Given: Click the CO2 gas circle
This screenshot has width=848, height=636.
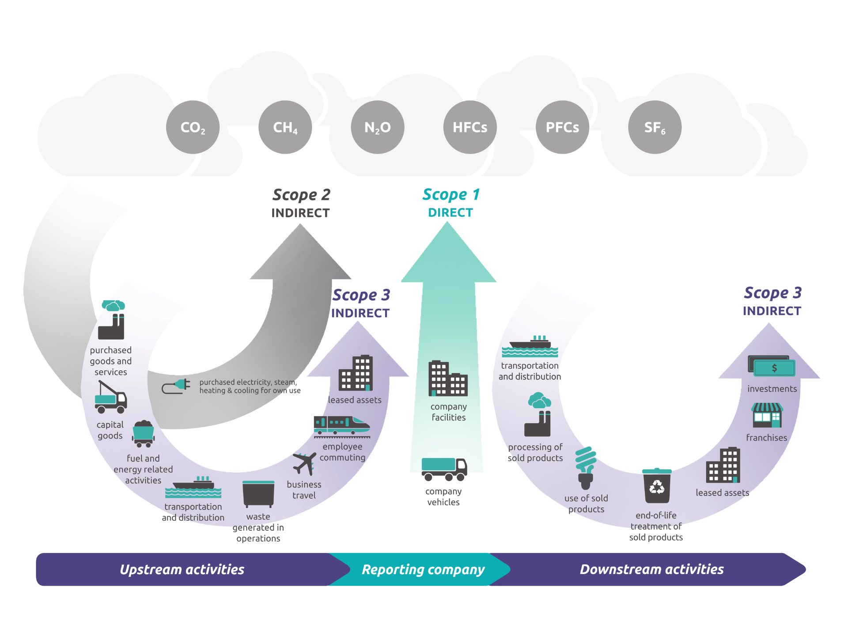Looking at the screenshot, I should pyautogui.click(x=193, y=127).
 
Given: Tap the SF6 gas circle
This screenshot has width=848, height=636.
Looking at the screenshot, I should pyautogui.click(x=655, y=127).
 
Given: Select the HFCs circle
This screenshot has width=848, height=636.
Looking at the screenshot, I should pyautogui.click(x=470, y=127).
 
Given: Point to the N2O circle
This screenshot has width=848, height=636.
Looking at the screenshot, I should pyautogui.click(x=378, y=127).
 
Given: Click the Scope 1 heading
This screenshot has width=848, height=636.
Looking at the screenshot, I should pyautogui.click(x=451, y=195).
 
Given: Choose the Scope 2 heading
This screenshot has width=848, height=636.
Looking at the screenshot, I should pyautogui.click(x=301, y=195).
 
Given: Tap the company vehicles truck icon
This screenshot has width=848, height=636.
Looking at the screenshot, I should pyautogui.click(x=444, y=469).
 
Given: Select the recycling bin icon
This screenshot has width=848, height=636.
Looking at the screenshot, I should pyautogui.click(x=657, y=486).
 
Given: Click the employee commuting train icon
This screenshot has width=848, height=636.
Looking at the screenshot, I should pyautogui.click(x=341, y=426).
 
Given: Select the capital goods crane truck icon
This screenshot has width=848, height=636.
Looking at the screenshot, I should pyautogui.click(x=110, y=397).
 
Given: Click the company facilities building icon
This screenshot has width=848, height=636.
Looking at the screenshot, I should pyautogui.click(x=448, y=379).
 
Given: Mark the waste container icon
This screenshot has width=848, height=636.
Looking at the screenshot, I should pyautogui.click(x=258, y=493).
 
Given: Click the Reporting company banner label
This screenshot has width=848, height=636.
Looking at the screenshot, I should pyautogui.click(x=423, y=569).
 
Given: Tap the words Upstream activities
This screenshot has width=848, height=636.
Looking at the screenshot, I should pyautogui.click(x=182, y=569).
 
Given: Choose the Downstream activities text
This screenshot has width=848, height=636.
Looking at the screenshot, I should pyautogui.click(x=651, y=569).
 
